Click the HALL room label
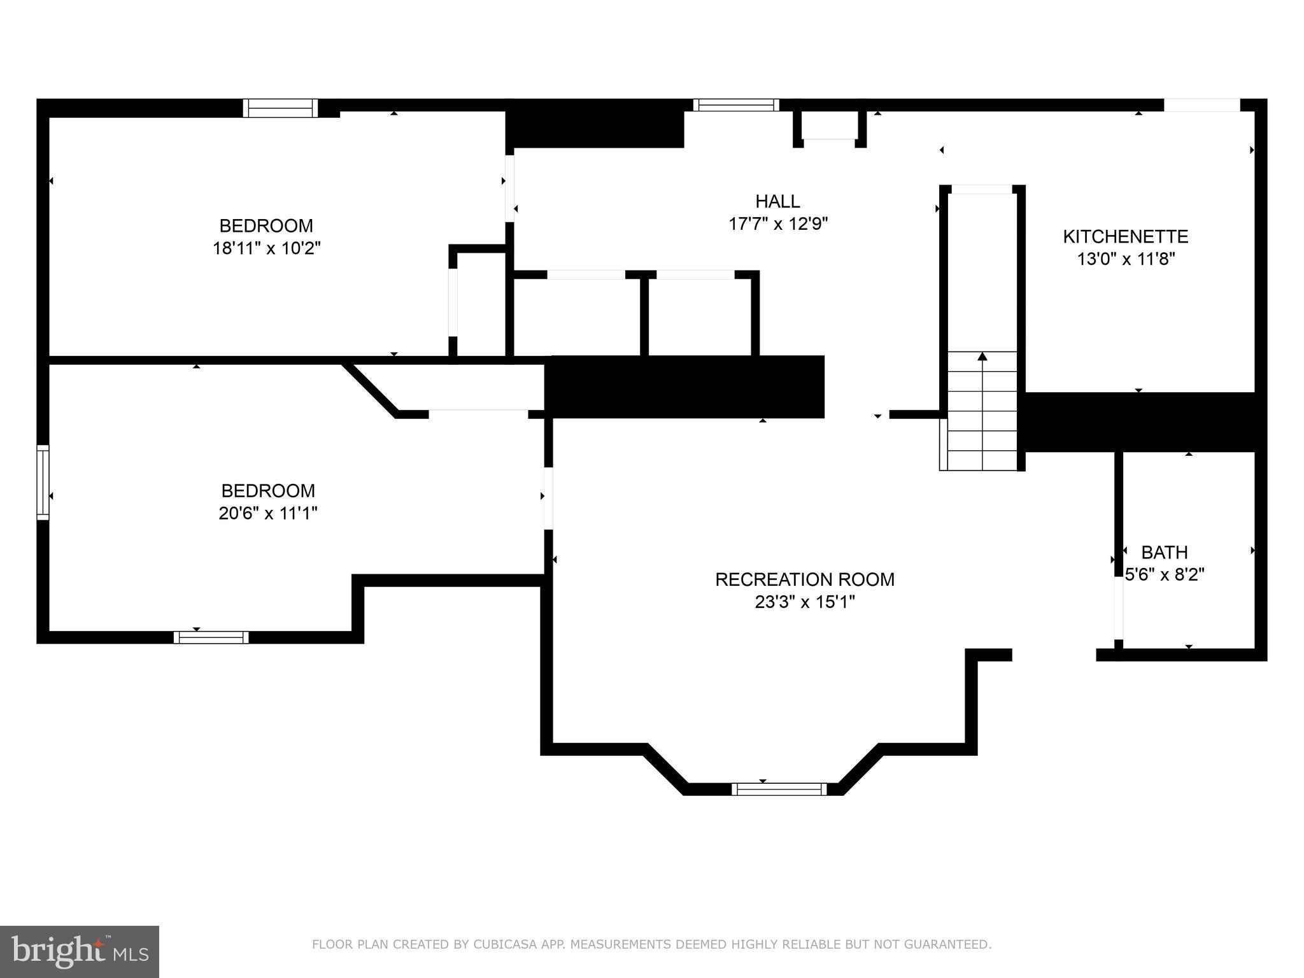click(777, 201)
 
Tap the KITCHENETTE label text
click(1125, 237)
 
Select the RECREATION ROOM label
click(804, 579)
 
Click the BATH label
click(1164, 552)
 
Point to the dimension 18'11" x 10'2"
click(266, 248)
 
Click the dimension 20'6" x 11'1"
click(267, 513)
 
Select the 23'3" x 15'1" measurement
click(804, 602)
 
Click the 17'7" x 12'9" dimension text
click(777, 224)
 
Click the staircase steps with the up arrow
click(982, 411)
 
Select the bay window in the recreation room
click(779, 790)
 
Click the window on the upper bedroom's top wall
click(280, 108)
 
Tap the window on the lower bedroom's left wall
click(43, 482)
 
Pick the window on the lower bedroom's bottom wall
click(211, 637)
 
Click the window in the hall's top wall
click(735, 105)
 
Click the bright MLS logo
click(79, 951)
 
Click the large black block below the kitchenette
click(1140, 422)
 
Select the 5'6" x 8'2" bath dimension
click(1165, 575)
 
